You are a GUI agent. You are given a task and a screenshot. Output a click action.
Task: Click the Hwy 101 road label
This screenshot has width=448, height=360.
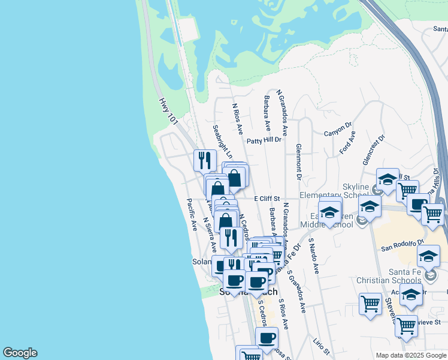pos(169,112)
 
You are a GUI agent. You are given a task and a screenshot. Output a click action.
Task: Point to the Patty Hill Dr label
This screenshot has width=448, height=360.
pos(264,140)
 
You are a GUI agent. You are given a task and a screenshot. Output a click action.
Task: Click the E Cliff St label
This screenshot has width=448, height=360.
pos(267,197)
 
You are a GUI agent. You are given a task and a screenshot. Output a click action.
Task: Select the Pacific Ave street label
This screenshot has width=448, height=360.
pos(192,215)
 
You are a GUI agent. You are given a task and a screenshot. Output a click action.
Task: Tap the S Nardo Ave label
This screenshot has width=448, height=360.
pos(313,256)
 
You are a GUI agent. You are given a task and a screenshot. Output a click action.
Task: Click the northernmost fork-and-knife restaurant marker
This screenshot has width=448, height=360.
pos(205,160)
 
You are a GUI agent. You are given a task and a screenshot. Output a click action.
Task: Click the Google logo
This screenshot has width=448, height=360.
pos(20,353)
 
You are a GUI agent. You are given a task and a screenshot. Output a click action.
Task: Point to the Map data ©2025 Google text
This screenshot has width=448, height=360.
pos(410,355)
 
